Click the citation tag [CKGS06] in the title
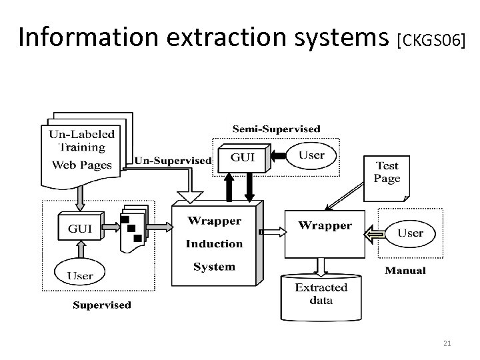pyautogui.click(x=431, y=41)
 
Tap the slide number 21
pyautogui.click(x=447, y=343)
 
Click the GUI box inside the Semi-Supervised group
pyautogui.click(x=244, y=158)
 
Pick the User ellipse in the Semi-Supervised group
pyautogui.click(x=311, y=155)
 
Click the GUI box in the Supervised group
pyautogui.click(x=81, y=226)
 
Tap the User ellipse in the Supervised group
pyautogui.click(x=79, y=272)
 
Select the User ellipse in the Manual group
pyautogui.click(x=410, y=233)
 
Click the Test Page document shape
pyautogui.click(x=387, y=179)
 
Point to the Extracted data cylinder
pyautogui.click(x=321, y=297)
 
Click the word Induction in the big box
pyautogui.click(x=214, y=244)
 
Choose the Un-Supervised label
pyautogui.click(x=173, y=161)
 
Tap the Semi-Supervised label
pyautogui.click(x=277, y=129)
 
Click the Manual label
pyautogui.click(x=405, y=271)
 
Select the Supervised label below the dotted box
pyautogui.click(x=102, y=305)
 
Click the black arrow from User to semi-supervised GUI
pyautogui.click(x=279, y=156)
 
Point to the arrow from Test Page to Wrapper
pyautogui.click(x=345, y=196)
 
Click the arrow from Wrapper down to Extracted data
pyautogui.click(x=321, y=267)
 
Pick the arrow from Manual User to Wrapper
pyautogui.click(x=375, y=235)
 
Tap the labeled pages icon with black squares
pyautogui.click(x=135, y=229)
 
